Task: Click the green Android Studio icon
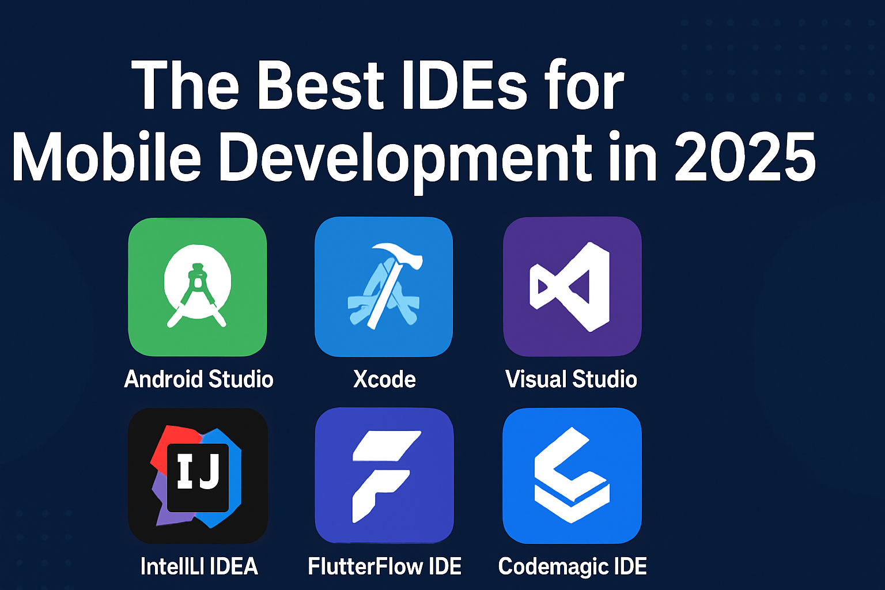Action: point(197,286)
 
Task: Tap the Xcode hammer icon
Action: point(384,286)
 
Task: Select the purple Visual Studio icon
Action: point(572,286)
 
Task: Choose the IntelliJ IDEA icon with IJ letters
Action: point(198,476)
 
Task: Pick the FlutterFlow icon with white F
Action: point(384,476)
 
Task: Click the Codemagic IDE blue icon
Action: point(572,476)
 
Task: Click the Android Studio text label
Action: point(199,379)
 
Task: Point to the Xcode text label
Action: point(384,379)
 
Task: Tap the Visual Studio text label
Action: point(571,379)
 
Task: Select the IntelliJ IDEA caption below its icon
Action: point(199,566)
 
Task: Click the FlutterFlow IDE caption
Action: point(385,566)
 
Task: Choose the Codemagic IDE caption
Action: point(572,566)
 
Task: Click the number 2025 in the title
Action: point(744,157)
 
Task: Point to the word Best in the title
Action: point(320,86)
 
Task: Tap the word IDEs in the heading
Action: point(464,86)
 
